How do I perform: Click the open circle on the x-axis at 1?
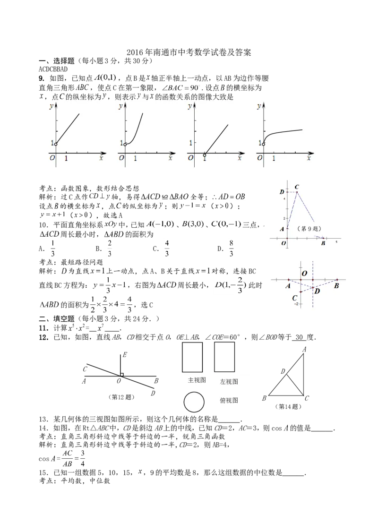(205, 154)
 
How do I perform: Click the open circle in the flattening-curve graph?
(264, 144)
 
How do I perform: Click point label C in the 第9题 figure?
(297, 187)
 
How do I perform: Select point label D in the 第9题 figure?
(282, 191)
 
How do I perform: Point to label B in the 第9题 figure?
(323, 243)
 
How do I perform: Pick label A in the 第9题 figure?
(282, 229)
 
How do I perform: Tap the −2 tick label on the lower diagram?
(296, 304)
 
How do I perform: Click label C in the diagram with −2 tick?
(294, 298)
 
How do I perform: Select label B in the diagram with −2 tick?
(336, 285)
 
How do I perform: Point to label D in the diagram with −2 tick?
(318, 291)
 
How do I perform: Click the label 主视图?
(197, 380)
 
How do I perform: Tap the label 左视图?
(229, 381)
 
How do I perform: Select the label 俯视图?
(229, 401)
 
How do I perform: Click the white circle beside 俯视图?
(194, 403)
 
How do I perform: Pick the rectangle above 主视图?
(193, 357)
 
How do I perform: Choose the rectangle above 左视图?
(224, 357)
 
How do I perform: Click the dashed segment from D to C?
(307, 290)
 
